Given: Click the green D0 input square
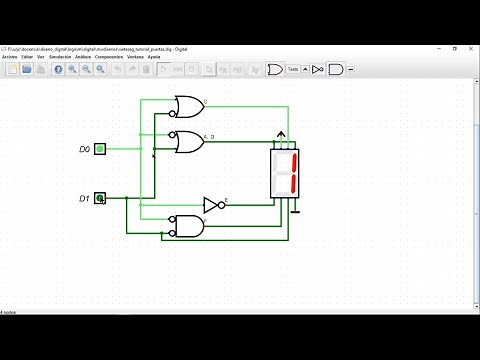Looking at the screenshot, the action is (100, 149).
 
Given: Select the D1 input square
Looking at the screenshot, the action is (100, 199).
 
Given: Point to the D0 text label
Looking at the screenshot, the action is (85, 149).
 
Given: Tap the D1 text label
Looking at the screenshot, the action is (85, 199).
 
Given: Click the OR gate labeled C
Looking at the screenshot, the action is (186, 105).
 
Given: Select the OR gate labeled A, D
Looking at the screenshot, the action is (186, 141).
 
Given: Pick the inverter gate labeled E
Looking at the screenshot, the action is (212, 205).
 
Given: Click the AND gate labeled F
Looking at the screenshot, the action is (187, 226).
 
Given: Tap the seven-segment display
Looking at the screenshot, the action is (285, 174).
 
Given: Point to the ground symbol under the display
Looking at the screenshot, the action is (295, 210).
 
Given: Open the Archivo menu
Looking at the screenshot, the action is (10, 57).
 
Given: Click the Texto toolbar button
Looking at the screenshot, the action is (294, 69).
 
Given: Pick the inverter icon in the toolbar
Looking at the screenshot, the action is (317, 69).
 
